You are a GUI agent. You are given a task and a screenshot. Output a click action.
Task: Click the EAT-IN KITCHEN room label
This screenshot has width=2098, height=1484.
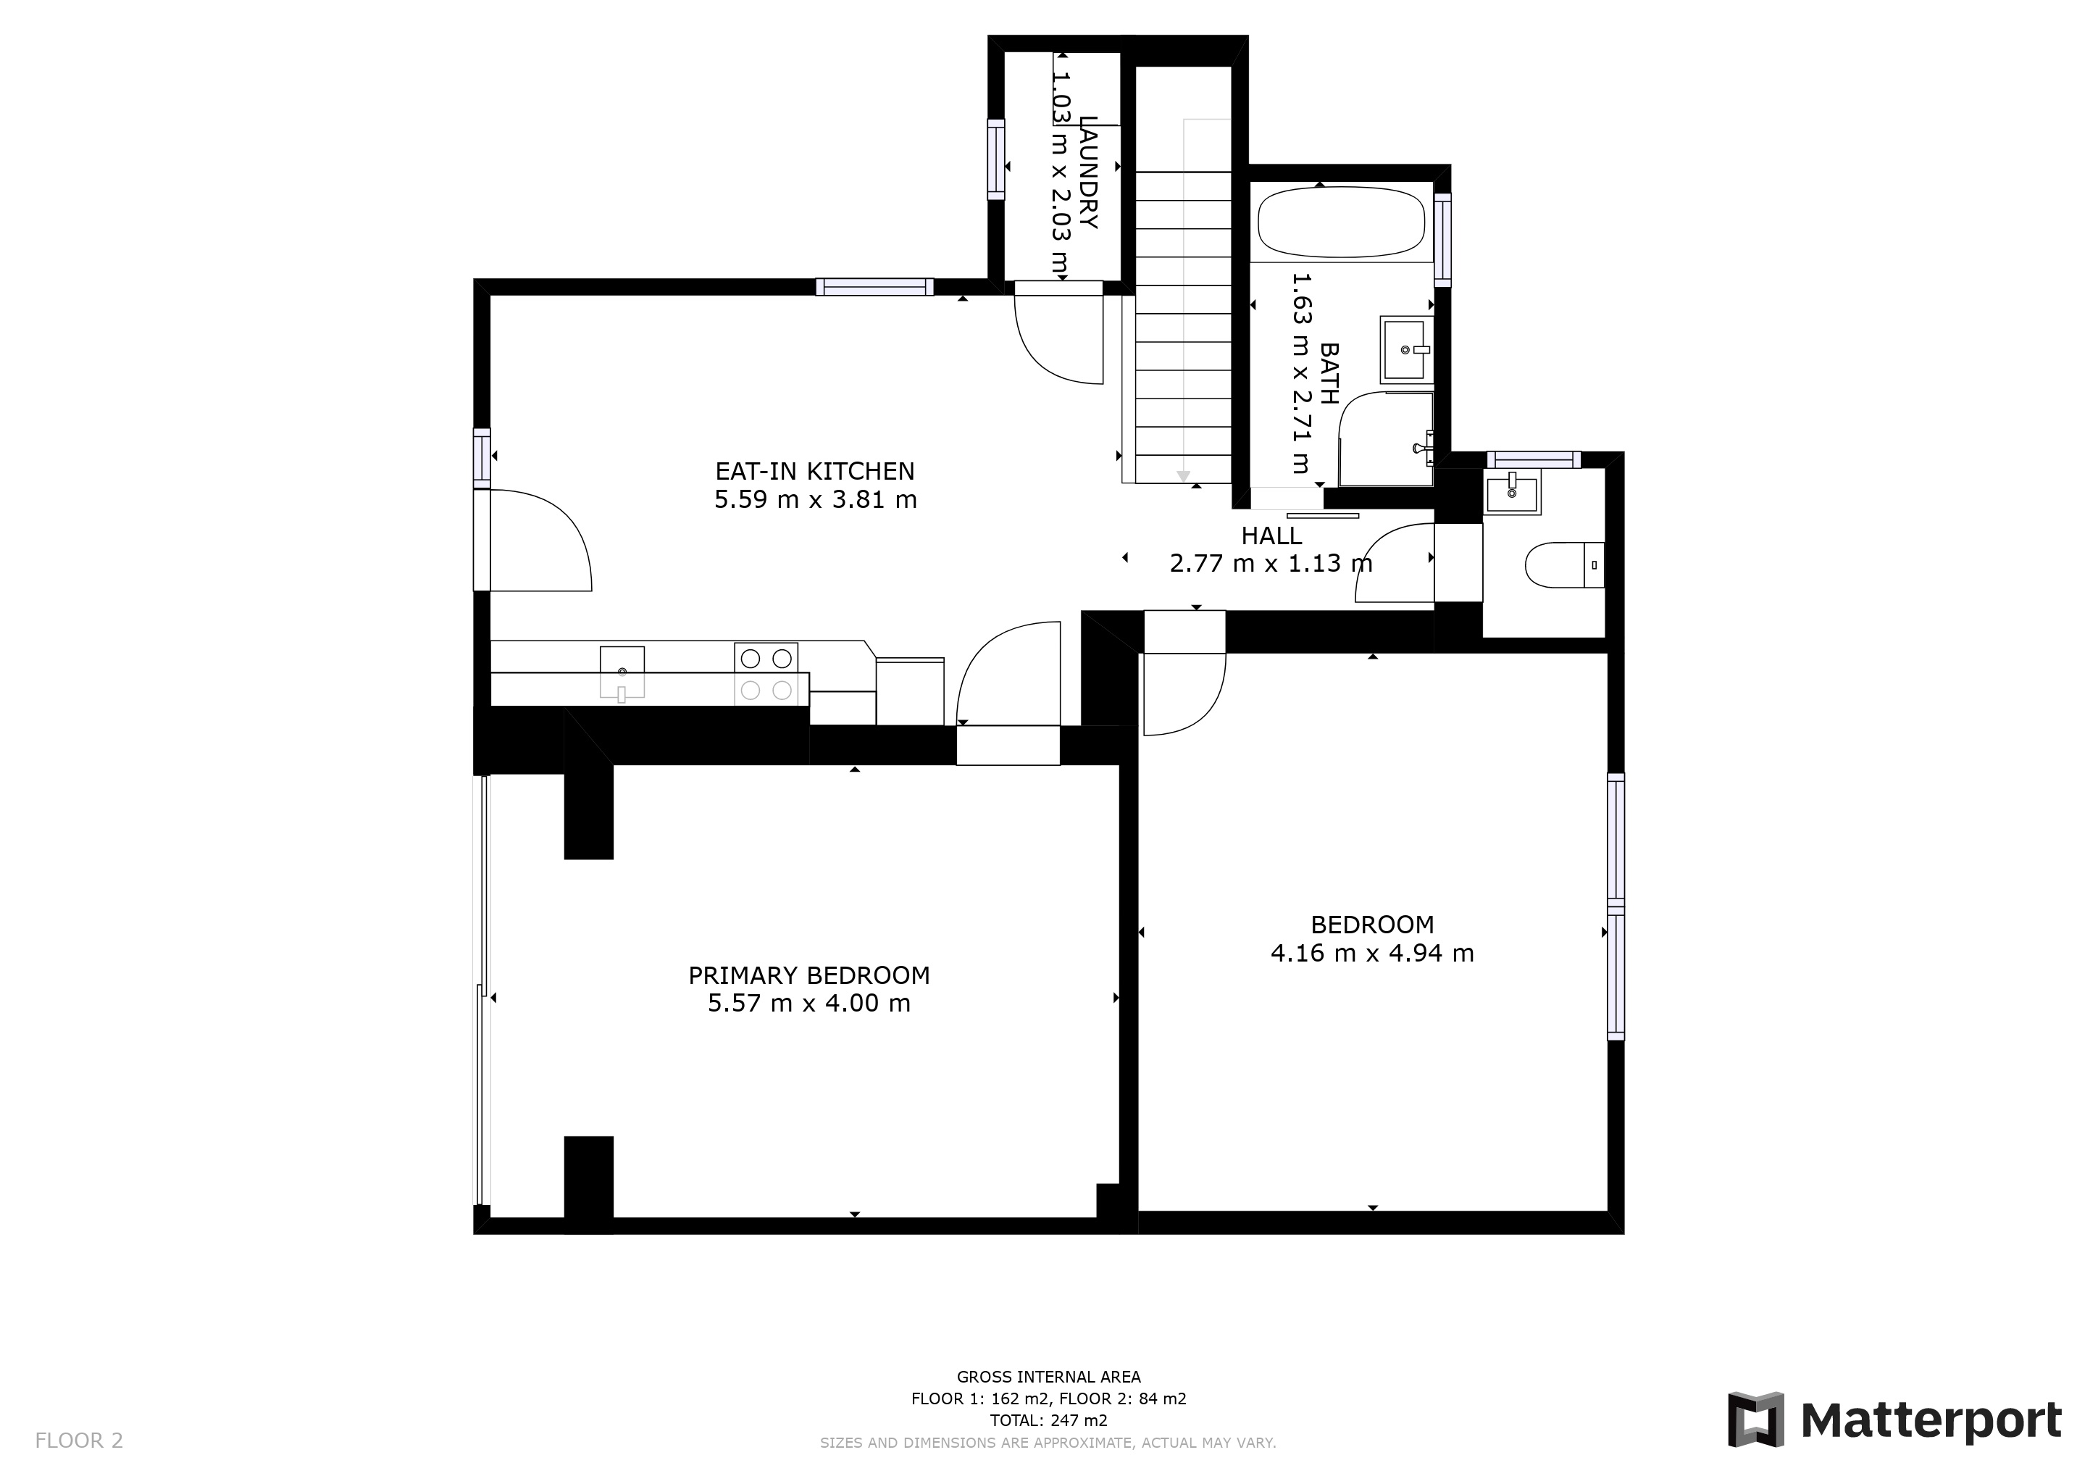click(814, 472)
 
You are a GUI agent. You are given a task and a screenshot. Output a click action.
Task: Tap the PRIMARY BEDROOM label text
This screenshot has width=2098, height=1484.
click(808, 976)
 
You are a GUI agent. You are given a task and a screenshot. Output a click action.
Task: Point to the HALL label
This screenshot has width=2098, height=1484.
click(1271, 536)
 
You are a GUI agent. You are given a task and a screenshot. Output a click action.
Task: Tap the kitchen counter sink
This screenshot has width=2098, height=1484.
click(622, 672)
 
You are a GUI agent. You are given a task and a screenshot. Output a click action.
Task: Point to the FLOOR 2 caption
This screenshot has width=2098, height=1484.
click(78, 1441)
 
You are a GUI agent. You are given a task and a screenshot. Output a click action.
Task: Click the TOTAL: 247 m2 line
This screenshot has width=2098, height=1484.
click(1048, 1421)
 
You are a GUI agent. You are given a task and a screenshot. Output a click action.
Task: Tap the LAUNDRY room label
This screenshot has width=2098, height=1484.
click(1087, 172)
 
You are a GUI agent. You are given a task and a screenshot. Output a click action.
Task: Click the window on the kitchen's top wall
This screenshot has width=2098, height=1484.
click(874, 287)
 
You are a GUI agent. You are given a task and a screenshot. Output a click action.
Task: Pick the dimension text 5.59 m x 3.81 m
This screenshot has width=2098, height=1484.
click(815, 500)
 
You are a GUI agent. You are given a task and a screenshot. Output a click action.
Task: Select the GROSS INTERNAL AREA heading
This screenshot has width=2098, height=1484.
click(1048, 1377)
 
